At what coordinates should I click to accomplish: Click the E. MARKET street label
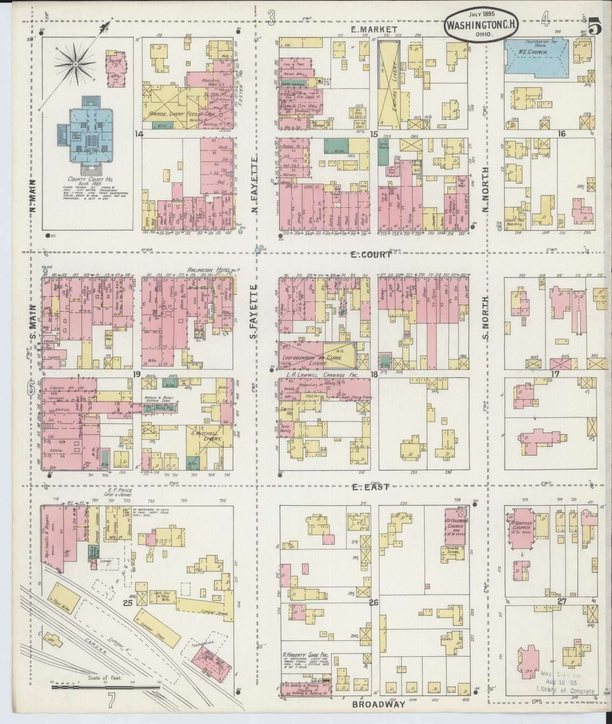click(x=374, y=29)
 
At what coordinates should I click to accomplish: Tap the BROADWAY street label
click(x=379, y=705)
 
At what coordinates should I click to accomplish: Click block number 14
click(x=138, y=134)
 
